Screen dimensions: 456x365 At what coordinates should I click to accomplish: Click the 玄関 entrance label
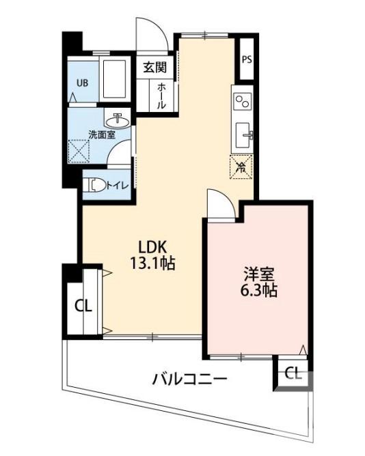click(x=155, y=67)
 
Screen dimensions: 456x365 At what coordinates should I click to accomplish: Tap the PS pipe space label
click(x=247, y=59)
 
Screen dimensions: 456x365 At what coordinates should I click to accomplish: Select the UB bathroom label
click(x=82, y=83)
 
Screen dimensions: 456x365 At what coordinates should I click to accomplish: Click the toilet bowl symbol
click(x=96, y=184)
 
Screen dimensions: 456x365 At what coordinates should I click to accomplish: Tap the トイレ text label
click(x=116, y=184)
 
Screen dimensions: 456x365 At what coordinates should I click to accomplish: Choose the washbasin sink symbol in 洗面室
click(x=121, y=120)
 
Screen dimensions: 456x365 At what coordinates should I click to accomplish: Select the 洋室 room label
click(x=260, y=274)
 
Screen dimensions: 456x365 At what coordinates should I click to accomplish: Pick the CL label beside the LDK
click(x=83, y=305)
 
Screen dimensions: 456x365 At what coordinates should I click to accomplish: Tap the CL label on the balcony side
click(x=293, y=373)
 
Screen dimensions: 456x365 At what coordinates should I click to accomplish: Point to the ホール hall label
click(x=161, y=96)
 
